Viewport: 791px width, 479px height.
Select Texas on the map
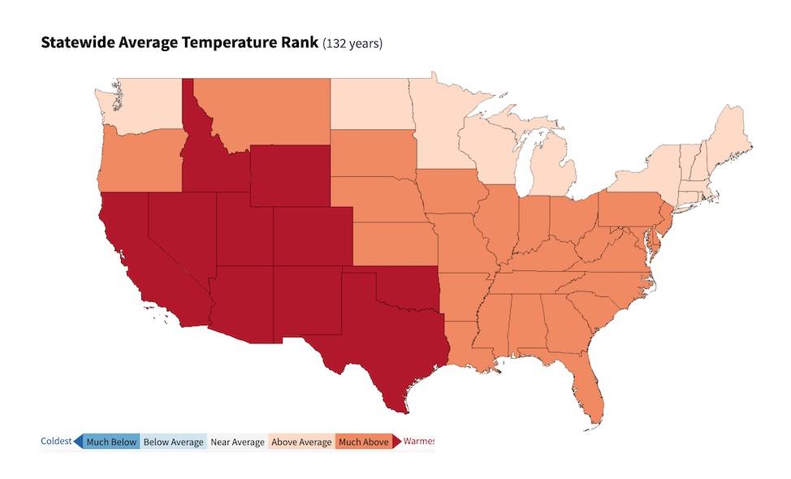pos(382,341)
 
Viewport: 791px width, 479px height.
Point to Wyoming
pos(290,175)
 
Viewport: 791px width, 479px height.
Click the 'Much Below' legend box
pos(111,442)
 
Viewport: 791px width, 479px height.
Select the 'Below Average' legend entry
pos(173,442)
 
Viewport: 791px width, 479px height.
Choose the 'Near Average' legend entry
pos(237,442)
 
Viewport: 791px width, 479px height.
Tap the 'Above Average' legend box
pos(301,442)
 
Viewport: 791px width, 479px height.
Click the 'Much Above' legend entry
pos(363,442)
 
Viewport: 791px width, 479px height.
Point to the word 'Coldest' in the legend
pos(56,442)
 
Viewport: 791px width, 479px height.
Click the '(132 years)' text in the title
pos(352,43)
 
